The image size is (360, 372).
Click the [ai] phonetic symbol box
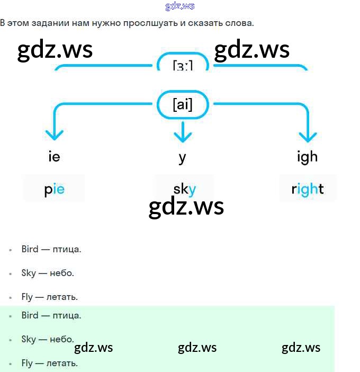[x=183, y=105]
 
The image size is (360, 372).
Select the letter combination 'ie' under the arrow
[x=54, y=156]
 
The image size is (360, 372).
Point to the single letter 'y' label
[x=183, y=157]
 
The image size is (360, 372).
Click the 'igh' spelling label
[x=308, y=156]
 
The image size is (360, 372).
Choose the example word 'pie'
[x=54, y=189]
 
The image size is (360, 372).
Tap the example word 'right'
[x=308, y=189]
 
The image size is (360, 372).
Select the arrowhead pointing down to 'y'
[x=183, y=136]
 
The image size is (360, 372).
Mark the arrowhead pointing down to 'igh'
[x=308, y=136]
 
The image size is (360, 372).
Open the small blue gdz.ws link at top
[x=180, y=6]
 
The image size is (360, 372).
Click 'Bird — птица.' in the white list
[x=51, y=249]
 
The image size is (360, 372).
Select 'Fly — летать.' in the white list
[x=49, y=297]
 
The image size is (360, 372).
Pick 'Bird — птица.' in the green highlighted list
[x=51, y=315]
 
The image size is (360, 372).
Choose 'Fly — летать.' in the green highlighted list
[x=49, y=363]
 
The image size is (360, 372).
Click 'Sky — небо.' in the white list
[x=47, y=273]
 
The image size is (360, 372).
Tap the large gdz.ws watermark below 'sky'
[x=186, y=207]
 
